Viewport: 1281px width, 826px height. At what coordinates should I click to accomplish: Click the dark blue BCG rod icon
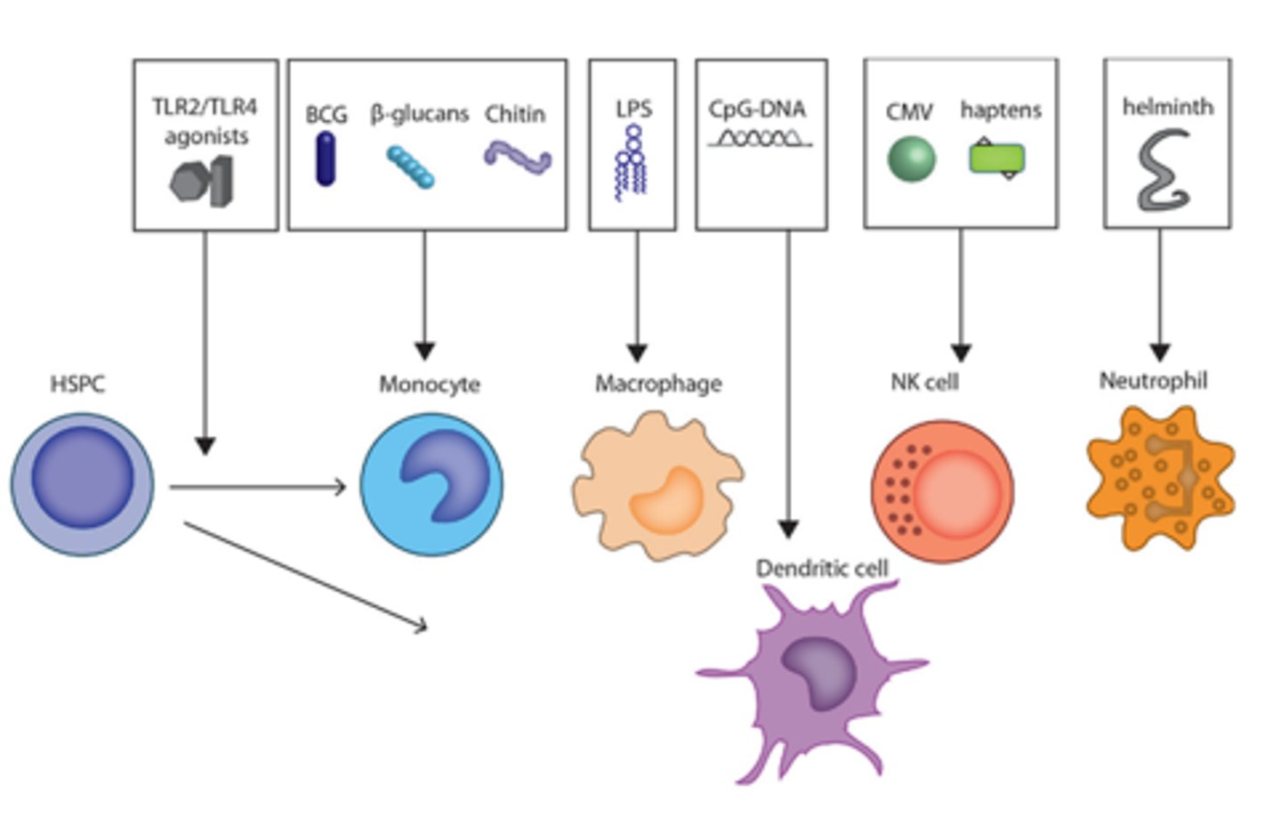click(x=326, y=158)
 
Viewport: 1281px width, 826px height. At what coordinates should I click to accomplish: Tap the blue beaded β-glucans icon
click(x=410, y=167)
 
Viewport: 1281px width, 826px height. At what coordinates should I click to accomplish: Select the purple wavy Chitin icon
click(x=517, y=158)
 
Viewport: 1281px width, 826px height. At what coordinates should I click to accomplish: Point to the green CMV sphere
click(x=911, y=159)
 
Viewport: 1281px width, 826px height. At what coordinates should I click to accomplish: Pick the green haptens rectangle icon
click(x=996, y=159)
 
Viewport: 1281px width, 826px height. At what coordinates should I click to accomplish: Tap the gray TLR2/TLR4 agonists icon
click(x=203, y=181)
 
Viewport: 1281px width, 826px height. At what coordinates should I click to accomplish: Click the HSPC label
click(x=77, y=385)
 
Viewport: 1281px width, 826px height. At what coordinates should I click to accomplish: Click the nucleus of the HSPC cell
click(x=83, y=477)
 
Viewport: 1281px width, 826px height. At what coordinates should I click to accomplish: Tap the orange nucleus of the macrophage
click(x=665, y=501)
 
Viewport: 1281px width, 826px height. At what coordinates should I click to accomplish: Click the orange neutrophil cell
click(x=1159, y=478)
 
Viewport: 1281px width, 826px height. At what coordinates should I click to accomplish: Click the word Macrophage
click(x=658, y=384)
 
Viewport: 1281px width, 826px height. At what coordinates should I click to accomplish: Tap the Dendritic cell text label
click(x=821, y=568)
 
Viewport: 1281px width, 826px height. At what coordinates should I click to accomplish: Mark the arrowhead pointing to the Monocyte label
click(x=424, y=350)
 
